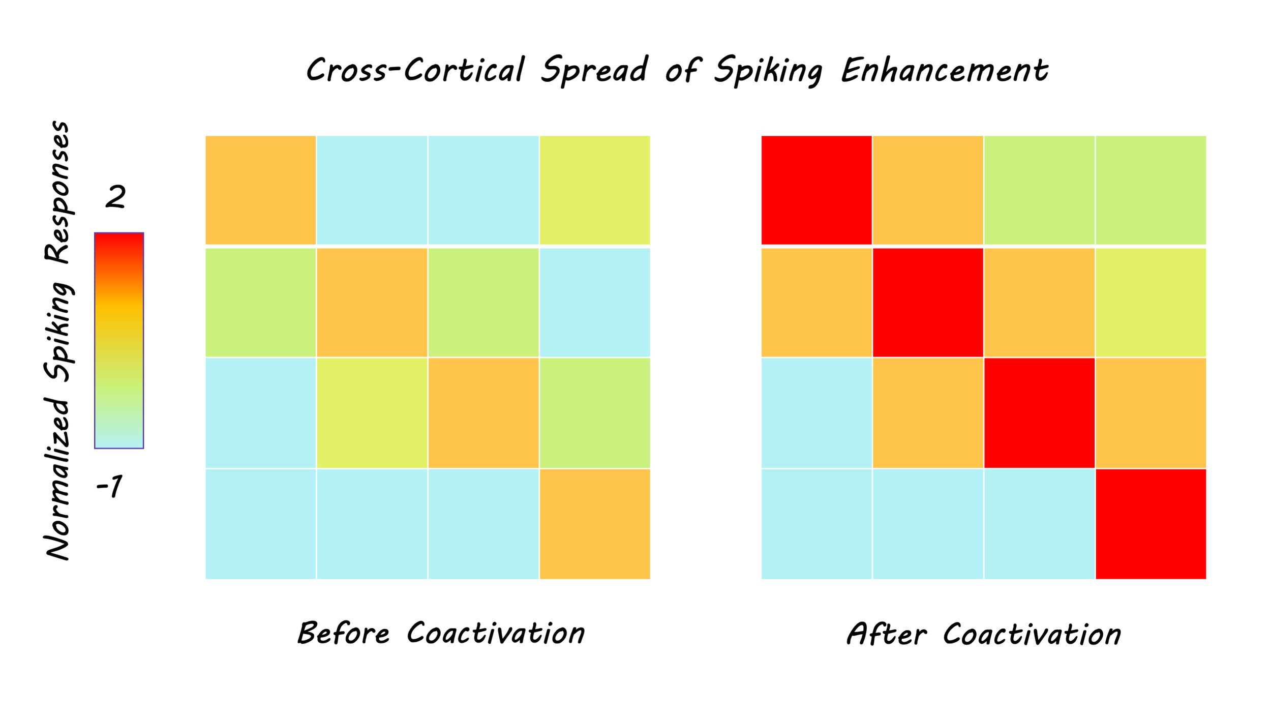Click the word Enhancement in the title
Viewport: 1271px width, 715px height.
pyautogui.click(x=945, y=70)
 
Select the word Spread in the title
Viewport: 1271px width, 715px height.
pyautogui.click(x=594, y=71)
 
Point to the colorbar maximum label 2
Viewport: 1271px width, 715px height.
pyautogui.click(x=115, y=196)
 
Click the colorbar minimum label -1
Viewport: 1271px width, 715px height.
pyautogui.click(x=109, y=486)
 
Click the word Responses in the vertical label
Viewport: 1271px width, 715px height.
pyautogui.click(x=57, y=192)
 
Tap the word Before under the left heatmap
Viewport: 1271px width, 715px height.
pyautogui.click(x=344, y=633)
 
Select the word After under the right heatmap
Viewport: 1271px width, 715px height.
pyautogui.click(x=887, y=633)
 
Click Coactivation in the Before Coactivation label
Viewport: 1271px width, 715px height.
pyautogui.click(x=496, y=633)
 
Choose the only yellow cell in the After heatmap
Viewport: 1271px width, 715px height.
pyautogui.click(x=1151, y=303)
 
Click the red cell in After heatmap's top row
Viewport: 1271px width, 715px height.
pyautogui.click(x=816, y=190)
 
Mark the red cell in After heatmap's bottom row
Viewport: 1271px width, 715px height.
pyautogui.click(x=1151, y=524)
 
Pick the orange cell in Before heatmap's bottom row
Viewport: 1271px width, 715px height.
pyautogui.click(x=595, y=524)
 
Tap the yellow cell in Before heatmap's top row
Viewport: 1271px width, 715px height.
pyautogui.click(x=595, y=190)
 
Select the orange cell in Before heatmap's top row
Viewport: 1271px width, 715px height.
pyautogui.click(x=261, y=190)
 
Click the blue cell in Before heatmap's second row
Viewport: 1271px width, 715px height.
pyautogui.click(x=595, y=303)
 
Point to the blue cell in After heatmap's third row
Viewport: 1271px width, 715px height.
pyautogui.click(x=816, y=413)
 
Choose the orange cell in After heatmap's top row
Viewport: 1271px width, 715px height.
pyautogui.click(x=928, y=190)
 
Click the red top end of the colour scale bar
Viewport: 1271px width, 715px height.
pyautogui.click(x=119, y=234)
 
